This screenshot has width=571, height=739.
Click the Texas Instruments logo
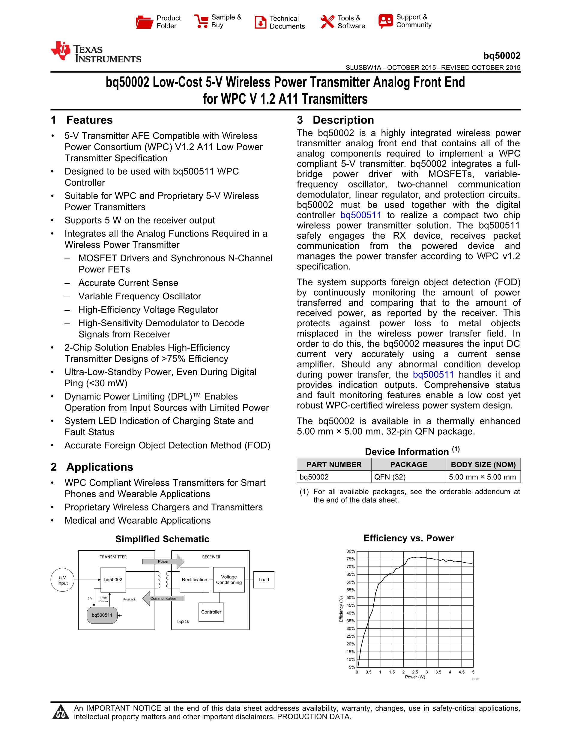click(96, 52)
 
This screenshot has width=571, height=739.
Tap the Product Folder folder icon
click(144, 22)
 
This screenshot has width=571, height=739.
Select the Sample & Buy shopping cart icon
click(201, 21)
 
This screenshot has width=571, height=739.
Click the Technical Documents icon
click(260, 22)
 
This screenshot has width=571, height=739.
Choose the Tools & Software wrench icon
click(327, 22)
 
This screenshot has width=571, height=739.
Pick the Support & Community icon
click(386, 21)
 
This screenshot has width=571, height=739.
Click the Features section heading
click(89, 120)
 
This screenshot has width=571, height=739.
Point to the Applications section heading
click(100, 467)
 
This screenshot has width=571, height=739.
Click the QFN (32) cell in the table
click(390, 477)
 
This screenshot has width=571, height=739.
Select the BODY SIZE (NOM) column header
click(483, 465)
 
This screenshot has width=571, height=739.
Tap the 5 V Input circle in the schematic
click(62, 580)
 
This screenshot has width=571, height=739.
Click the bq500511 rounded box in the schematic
click(102, 615)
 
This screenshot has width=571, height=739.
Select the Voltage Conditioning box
click(229, 580)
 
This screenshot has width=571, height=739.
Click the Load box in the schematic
click(264, 580)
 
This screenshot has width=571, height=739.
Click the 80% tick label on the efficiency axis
click(351, 551)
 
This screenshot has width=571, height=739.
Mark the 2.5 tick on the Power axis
click(415, 672)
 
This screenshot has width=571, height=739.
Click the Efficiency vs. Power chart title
click(409, 538)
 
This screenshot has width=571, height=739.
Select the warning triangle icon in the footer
click(61, 712)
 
